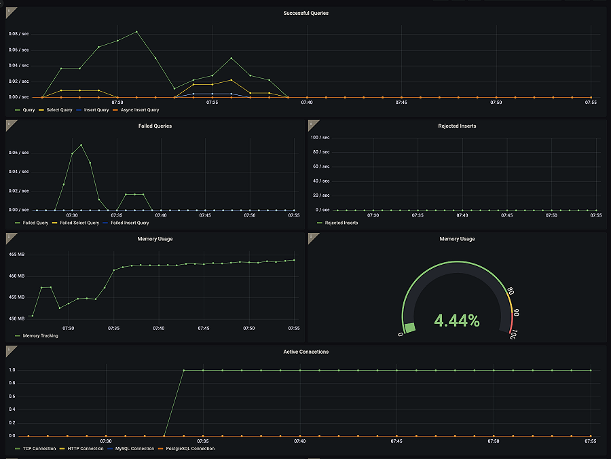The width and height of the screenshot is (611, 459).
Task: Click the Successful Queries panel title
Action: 305,13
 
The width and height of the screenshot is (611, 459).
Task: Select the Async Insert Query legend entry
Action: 139,109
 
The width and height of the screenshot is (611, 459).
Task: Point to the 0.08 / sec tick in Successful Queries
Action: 18,33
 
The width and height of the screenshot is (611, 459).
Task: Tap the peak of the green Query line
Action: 136,31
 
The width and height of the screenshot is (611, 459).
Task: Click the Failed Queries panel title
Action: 155,126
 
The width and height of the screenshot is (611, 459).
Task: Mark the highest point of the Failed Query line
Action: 81,145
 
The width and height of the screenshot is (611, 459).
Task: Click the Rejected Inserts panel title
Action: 457,126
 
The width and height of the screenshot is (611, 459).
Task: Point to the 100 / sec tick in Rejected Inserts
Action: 320,137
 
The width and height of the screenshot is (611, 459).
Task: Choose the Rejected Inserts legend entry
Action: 341,223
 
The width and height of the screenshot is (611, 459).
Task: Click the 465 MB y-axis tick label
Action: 16,254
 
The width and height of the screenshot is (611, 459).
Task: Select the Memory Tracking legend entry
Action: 40,335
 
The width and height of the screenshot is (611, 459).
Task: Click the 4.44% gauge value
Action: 457,320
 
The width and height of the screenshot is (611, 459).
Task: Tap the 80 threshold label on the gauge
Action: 510,292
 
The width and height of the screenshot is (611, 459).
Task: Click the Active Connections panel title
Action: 305,352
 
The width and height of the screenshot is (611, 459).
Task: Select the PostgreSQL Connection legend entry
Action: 188,448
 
